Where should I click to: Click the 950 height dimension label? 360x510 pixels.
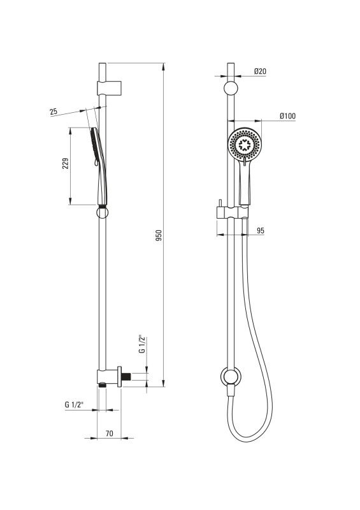pyautogui.click(x=159, y=235)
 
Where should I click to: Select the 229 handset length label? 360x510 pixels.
pyautogui.click(x=66, y=163)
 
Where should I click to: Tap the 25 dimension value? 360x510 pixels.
pyautogui.click(x=54, y=112)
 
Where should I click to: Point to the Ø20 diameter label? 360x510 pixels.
pyautogui.click(x=260, y=71)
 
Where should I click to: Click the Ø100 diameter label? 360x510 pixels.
pyautogui.click(x=288, y=116)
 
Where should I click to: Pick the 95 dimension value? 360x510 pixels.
pyautogui.click(x=261, y=231)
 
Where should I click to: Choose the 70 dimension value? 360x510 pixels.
pyautogui.click(x=110, y=433)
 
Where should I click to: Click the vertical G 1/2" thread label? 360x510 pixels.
pyautogui.click(x=141, y=344)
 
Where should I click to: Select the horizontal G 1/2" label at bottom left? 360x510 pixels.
pyautogui.click(x=74, y=405)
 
